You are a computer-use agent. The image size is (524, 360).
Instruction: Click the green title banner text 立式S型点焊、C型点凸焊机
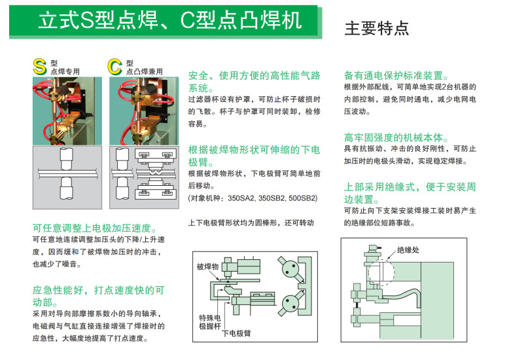pos(170,20)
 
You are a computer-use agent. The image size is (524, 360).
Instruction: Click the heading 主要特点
pos(377,28)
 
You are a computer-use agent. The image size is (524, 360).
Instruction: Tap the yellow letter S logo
pos(39,67)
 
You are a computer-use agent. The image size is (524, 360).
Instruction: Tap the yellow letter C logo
pos(114,67)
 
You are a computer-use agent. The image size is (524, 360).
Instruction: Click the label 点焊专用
pos(65,71)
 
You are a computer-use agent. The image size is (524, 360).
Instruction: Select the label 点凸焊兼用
pos(145,71)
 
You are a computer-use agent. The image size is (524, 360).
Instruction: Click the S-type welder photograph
pos(67,111)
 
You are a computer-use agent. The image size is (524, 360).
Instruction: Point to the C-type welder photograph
pos(144,111)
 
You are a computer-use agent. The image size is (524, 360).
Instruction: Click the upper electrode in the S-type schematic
pos(66,158)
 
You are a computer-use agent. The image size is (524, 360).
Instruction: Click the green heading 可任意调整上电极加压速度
pos(95,228)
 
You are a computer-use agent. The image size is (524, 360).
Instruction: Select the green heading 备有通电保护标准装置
pos(396,75)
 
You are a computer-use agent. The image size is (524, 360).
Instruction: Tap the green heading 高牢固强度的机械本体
pos(396,137)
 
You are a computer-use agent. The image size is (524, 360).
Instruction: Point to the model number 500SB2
pos(303,198)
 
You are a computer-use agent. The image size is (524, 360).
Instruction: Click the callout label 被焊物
pos(207,266)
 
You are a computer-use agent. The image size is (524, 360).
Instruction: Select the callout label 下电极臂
pos(236,333)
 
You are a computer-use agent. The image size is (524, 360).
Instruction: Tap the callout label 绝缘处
pos(408,250)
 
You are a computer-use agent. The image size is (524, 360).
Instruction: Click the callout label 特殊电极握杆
pos(210,322)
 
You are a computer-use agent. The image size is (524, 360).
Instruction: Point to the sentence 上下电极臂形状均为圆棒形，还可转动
pos(251,223)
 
